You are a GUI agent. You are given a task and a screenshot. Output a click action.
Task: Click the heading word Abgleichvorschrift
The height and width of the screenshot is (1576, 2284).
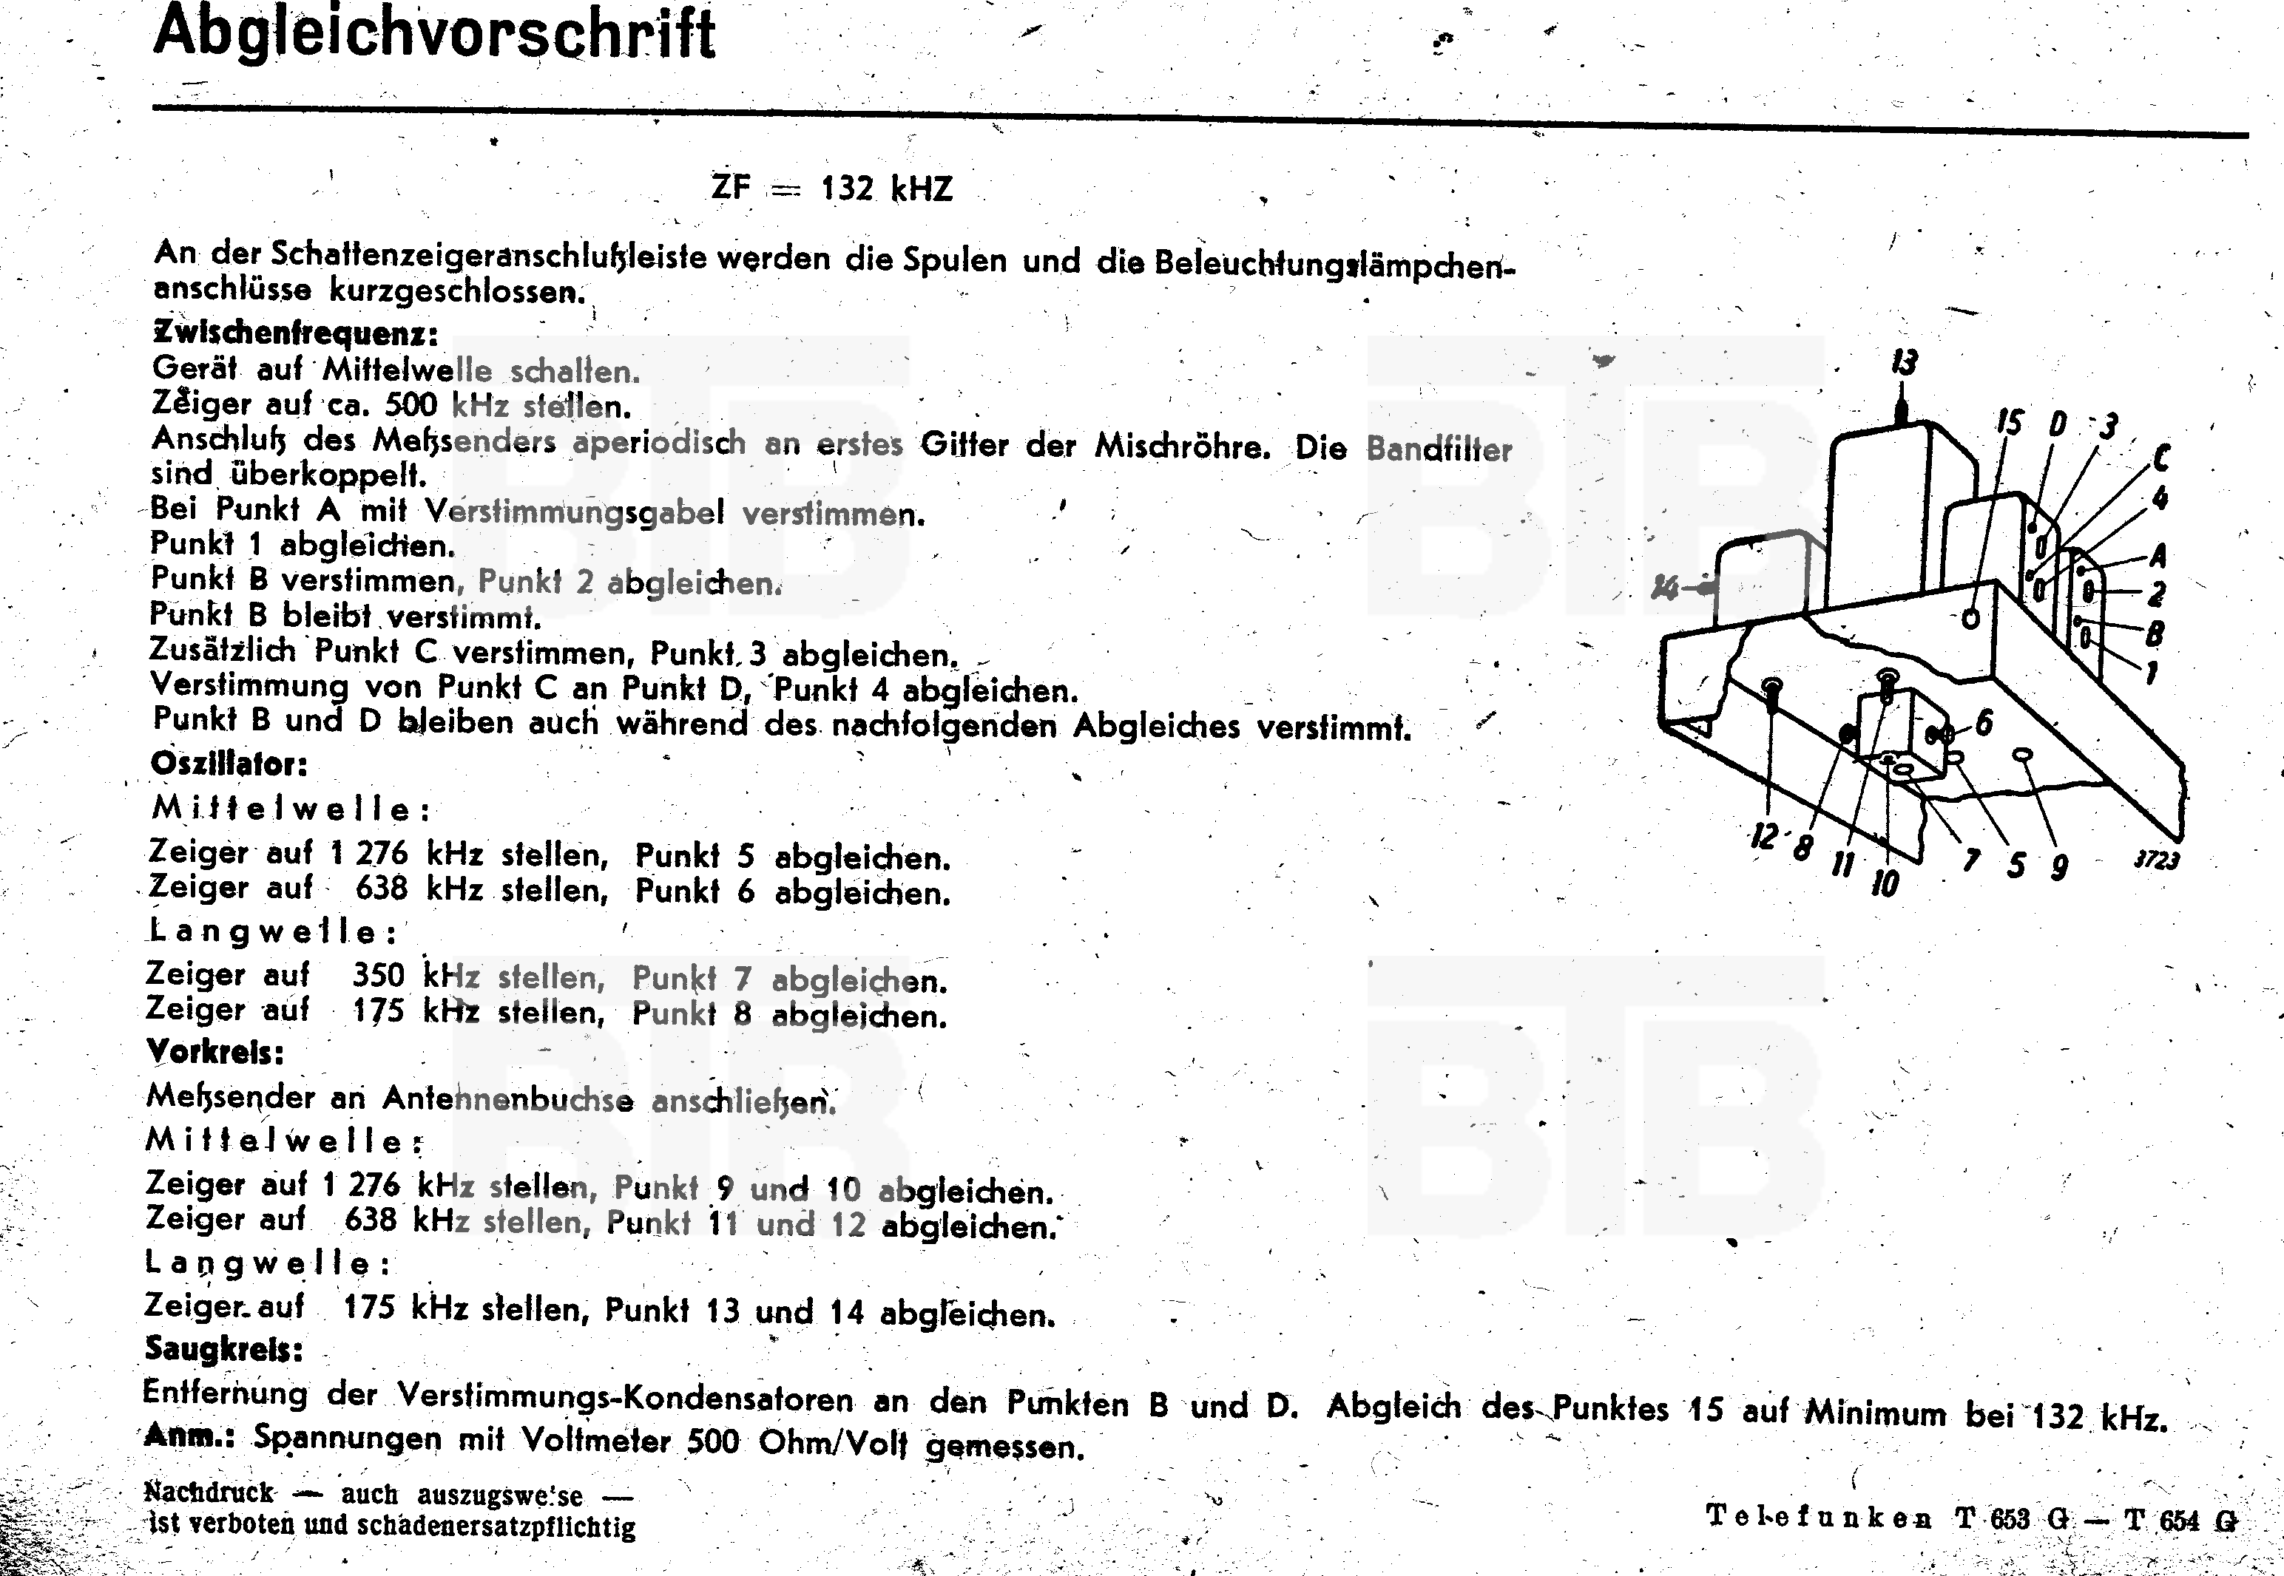(435, 33)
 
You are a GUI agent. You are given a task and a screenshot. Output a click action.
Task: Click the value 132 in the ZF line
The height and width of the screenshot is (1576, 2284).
(847, 188)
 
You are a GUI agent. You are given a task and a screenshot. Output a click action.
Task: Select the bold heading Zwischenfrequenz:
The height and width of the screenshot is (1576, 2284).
(294, 333)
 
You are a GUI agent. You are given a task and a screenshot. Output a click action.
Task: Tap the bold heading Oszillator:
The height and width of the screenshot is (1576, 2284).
(229, 764)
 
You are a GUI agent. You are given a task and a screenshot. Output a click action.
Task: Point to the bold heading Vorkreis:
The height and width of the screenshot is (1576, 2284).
(215, 1052)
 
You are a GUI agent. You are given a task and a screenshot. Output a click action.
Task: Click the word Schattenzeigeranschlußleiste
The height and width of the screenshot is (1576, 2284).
(488, 256)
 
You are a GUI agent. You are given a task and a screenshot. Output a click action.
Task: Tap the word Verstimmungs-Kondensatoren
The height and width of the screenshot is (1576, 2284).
(625, 1397)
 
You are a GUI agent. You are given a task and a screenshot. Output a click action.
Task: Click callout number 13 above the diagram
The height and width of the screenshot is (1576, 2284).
(1904, 364)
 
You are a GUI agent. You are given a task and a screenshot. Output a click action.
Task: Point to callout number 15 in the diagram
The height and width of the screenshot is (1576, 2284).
(2008, 424)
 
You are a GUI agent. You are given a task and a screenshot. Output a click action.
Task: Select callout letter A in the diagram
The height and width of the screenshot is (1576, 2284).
(2158, 556)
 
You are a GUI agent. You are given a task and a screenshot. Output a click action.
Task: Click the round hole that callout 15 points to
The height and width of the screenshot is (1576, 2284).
(1970, 619)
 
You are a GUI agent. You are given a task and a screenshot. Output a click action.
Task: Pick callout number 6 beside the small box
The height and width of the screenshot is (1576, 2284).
(1983, 723)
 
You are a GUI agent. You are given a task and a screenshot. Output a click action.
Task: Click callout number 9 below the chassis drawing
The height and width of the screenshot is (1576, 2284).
(2058, 867)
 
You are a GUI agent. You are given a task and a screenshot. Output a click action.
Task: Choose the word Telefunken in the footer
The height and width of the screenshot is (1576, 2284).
(1819, 1516)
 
